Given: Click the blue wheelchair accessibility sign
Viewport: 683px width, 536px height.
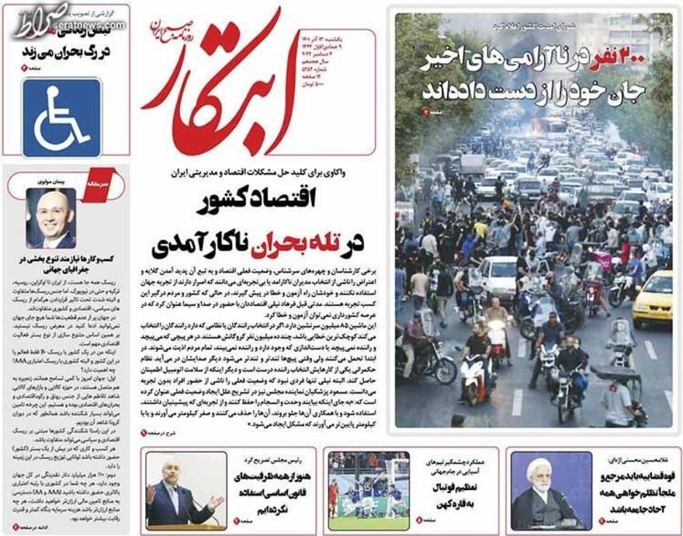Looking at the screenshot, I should point(61,117).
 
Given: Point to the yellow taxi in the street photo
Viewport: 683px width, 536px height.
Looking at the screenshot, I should point(652,297).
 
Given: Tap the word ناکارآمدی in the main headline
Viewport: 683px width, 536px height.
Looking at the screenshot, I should point(196,243).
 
